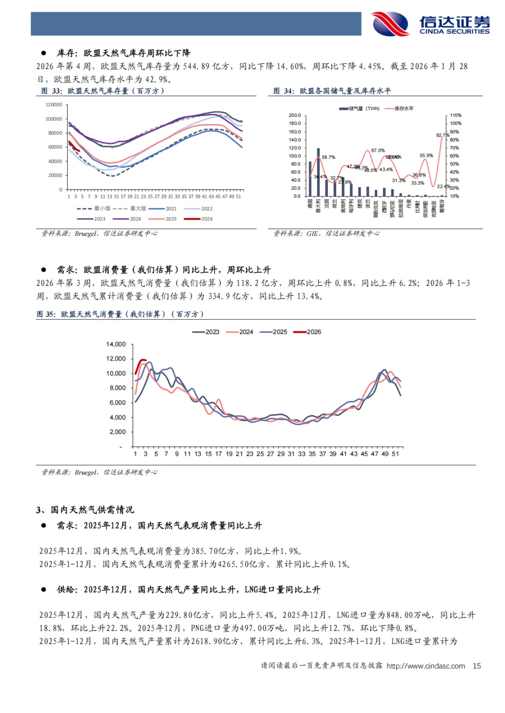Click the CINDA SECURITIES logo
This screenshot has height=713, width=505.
431,24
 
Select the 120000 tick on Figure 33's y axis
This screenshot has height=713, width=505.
54,105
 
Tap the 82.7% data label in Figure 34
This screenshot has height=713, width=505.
442,135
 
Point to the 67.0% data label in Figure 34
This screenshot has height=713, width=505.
378,150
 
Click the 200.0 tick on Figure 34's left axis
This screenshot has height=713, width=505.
295,115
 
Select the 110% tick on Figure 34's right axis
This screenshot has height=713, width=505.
455,115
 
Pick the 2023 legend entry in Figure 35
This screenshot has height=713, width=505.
206,332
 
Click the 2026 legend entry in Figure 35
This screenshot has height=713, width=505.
308,332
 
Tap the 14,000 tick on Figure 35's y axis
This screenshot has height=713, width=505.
116,344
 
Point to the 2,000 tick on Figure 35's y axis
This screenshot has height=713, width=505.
117,432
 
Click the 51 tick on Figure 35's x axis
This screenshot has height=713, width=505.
396,454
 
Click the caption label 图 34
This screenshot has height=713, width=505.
283,91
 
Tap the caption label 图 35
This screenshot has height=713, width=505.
46,314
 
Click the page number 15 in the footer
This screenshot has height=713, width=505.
477,666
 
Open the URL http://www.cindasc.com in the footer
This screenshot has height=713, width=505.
426,666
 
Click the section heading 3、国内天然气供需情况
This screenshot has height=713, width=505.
85,509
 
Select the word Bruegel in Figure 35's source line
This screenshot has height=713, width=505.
86,473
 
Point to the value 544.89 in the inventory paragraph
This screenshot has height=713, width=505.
196,66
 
